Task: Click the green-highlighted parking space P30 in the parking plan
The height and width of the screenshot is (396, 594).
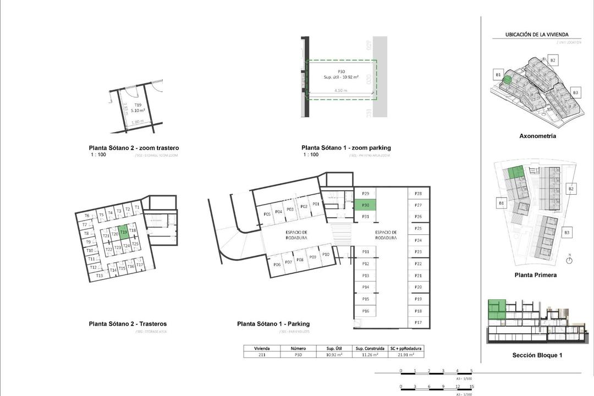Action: tap(365, 205)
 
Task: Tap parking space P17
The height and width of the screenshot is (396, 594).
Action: tap(418, 322)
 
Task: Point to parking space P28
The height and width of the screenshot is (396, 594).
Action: tap(418, 194)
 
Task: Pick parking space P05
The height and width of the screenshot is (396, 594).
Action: tap(267, 214)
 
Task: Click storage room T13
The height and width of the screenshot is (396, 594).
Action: tap(99, 276)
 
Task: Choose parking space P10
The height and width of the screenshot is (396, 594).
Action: tap(326, 254)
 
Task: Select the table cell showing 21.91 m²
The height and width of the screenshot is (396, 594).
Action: tap(405, 355)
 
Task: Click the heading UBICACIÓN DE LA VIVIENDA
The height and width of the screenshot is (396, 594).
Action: tap(537, 35)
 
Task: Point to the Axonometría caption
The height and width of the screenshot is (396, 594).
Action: tap(537, 136)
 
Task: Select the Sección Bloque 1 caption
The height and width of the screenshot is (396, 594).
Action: tap(537, 355)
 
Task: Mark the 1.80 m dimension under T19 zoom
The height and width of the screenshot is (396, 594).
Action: tap(138, 122)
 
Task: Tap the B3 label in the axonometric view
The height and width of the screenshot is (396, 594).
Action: tap(575, 92)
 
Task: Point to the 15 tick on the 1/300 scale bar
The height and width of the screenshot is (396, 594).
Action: tap(471, 386)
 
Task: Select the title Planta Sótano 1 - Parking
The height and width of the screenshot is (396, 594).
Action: tap(273, 324)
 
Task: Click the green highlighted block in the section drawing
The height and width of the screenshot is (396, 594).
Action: tap(497, 309)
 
